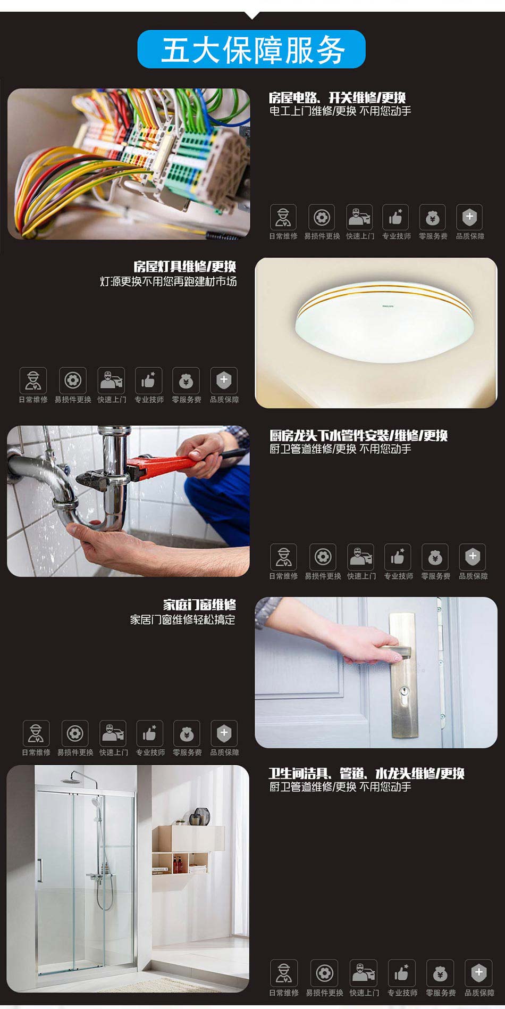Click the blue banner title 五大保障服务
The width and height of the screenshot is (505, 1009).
coord(253,50)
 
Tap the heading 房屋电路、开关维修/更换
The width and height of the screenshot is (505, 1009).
coord(337,97)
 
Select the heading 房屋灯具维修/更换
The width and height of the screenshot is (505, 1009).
coord(184,267)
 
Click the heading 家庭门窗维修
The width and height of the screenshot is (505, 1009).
coord(199,605)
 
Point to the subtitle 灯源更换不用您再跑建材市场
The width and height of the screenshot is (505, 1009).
coord(168,282)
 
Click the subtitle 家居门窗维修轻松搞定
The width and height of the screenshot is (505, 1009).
coord(182,619)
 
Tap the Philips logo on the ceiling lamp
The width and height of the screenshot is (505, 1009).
coord(389,306)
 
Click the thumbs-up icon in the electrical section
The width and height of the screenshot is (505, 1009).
coord(395,217)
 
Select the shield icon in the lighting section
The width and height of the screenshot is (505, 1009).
coord(224,381)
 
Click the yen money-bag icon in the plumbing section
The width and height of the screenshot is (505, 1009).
coord(435,557)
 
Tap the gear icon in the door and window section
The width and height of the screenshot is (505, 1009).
coord(75,733)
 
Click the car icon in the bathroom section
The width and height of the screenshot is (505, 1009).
coord(364,973)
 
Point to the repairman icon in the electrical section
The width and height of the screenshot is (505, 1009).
coord(283,217)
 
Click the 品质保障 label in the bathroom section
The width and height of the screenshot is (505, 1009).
coord(479,993)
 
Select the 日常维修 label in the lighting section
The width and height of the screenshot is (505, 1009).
coord(33,400)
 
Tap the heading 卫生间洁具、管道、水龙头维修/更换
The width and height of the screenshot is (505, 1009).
coord(366,773)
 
